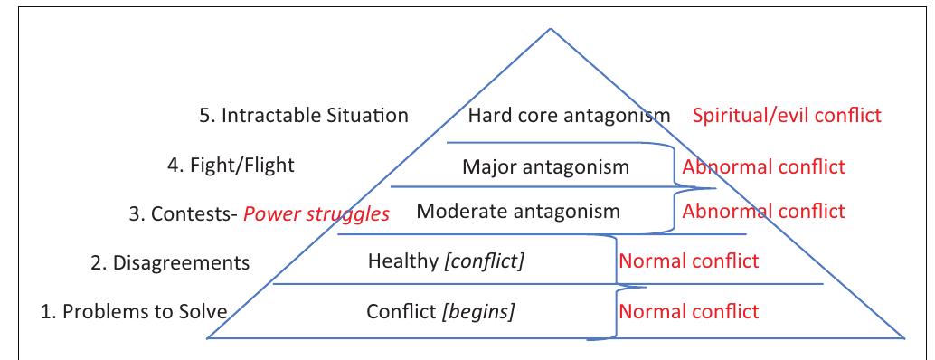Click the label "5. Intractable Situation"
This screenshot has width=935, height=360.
click(302, 117)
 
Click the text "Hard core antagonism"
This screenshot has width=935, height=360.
click(569, 117)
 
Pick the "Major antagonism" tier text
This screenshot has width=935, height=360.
click(545, 167)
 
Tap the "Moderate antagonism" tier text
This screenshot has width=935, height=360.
click(518, 213)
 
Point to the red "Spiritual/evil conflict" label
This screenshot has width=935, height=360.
click(787, 117)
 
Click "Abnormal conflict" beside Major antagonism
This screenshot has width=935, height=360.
click(763, 167)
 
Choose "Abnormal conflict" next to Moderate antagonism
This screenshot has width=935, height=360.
click(763, 212)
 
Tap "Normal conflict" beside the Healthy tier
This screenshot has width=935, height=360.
click(688, 262)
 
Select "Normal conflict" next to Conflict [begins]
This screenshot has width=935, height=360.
click(688, 312)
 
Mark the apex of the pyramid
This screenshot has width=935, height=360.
click(549, 29)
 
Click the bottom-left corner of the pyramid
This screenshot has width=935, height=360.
click(208, 338)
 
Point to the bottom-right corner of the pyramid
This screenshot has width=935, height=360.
click(904, 338)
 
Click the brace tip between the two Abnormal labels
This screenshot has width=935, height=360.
click(714, 189)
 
